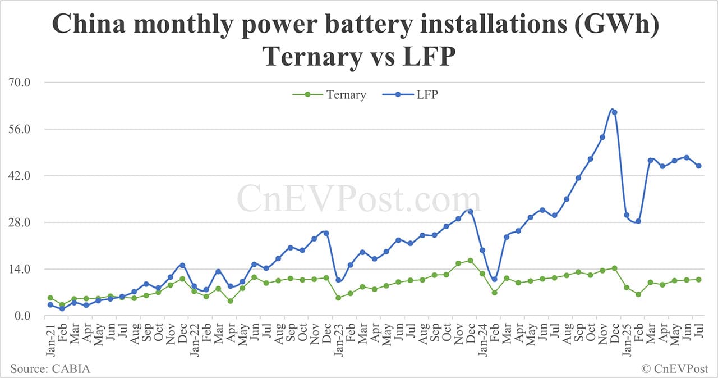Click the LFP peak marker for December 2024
pyautogui.click(x=614, y=112)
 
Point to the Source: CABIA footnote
pyautogui.click(x=50, y=368)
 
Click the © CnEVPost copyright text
pyautogui.click(x=675, y=368)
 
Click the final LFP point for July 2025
pyautogui.click(x=698, y=166)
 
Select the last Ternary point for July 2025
pyautogui.click(x=698, y=279)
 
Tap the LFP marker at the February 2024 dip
pyautogui.click(x=494, y=279)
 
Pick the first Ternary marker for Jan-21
pyautogui.click(x=50, y=298)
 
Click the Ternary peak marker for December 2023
pyautogui.click(x=470, y=261)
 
